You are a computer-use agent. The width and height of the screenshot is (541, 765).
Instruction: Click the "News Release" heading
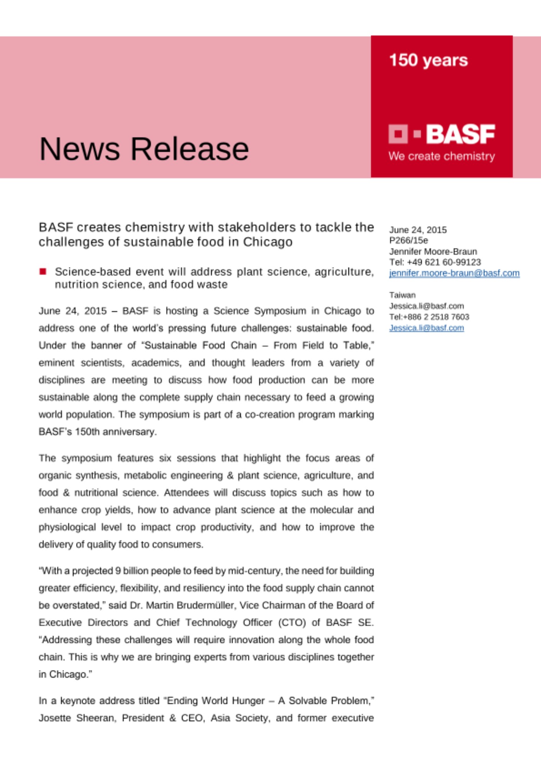(x=144, y=148)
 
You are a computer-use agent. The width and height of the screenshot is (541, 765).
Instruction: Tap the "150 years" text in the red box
(x=428, y=60)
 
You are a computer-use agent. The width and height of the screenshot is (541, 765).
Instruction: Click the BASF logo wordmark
(x=460, y=134)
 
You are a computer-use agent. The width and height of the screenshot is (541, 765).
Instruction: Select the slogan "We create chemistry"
(x=442, y=156)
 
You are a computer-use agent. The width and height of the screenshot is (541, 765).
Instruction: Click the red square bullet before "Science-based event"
(x=43, y=272)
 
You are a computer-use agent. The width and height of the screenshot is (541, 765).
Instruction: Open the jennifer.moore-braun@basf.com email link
(x=454, y=273)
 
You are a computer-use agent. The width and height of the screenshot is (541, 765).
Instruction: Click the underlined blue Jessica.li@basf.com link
(x=426, y=328)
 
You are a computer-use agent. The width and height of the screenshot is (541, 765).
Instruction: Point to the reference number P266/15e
(x=408, y=240)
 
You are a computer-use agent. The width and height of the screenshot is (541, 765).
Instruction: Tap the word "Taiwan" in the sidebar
(x=402, y=295)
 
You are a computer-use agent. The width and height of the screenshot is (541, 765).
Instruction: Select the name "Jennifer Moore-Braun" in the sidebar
(x=433, y=251)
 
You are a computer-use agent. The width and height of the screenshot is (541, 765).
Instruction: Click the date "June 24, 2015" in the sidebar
(x=418, y=229)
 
